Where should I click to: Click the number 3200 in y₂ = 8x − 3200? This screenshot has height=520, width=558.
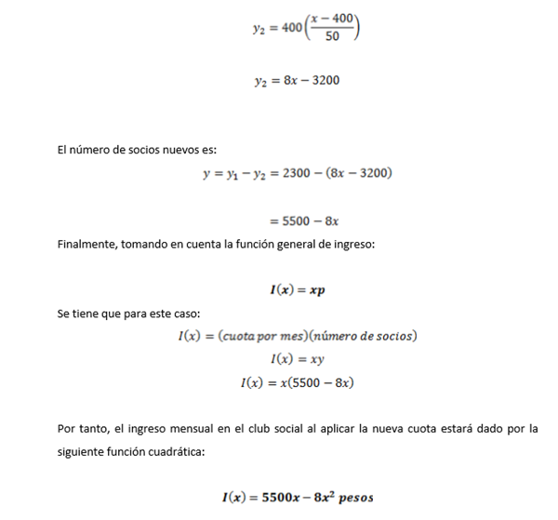point(322,81)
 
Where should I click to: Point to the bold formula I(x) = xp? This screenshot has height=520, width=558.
point(297,289)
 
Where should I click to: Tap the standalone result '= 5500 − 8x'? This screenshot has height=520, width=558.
point(302,221)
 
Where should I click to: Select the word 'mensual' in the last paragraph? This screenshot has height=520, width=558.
point(190,429)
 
